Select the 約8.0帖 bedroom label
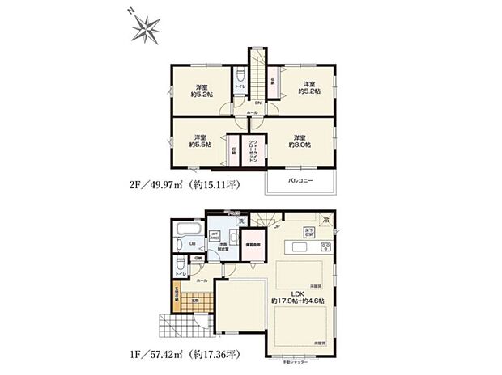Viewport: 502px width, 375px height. [300, 141]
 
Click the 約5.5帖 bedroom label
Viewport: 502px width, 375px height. [200, 141]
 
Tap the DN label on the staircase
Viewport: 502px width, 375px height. [258, 103]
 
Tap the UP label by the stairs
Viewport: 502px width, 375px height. [278, 227]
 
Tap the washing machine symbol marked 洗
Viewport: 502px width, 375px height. [240, 221]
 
